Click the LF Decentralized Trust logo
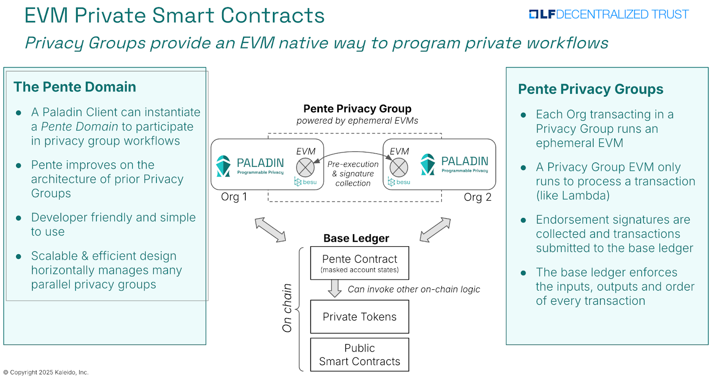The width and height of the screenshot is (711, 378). tap(608, 15)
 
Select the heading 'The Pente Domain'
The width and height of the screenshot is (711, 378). tap(75, 87)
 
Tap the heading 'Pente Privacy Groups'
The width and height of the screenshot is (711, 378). tap(590, 89)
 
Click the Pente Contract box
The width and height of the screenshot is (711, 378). tap(359, 263)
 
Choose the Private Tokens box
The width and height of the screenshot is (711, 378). tap(359, 317)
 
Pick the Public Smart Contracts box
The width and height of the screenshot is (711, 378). tap(359, 354)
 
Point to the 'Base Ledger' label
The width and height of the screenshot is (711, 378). tap(356, 238)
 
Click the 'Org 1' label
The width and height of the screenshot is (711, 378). tap(234, 197)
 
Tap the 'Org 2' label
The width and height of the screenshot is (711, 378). tap(477, 197)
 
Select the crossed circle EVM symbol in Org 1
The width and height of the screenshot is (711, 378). tap(305, 167)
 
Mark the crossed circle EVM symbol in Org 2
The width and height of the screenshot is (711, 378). tap(399, 167)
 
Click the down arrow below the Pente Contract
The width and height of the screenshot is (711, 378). tap(335, 288)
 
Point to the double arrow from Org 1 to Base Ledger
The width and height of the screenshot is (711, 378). tap(270, 230)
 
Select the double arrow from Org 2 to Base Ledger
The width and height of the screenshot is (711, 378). tap(435, 230)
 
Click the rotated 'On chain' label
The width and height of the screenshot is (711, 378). tap(287, 308)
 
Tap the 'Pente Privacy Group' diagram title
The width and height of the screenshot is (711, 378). tap(357, 109)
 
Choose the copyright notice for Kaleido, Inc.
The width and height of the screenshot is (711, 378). tap(46, 372)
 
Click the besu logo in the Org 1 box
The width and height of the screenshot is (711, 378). tap(306, 182)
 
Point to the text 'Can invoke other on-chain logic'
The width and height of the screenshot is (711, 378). tap(414, 289)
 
